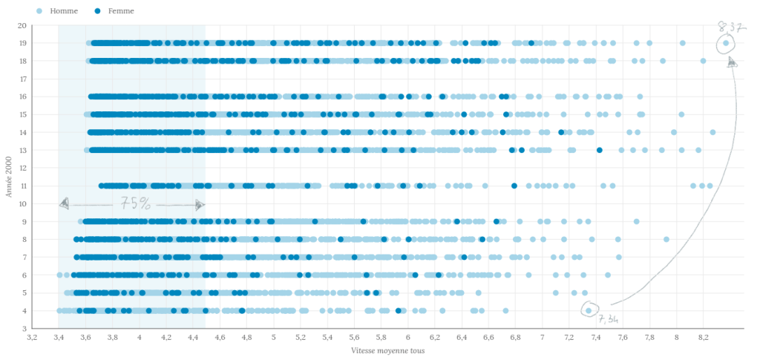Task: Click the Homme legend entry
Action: pos(59,12)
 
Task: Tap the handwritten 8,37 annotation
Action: pos(731,27)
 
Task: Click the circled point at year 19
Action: pos(725,44)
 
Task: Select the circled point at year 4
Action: pos(589,310)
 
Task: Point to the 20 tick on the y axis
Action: pos(22,25)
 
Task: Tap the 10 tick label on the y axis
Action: pos(22,203)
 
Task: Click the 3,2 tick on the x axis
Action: pos(32,337)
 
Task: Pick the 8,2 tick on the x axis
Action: pos(704,337)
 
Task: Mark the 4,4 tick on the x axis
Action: pos(193,337)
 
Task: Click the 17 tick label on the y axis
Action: pos(22,79)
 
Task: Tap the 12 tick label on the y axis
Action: pos(22,168)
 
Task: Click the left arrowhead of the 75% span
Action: pos(65,203)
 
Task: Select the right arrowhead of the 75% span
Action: pos(200,205)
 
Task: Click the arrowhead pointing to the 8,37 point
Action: pos(732,63)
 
